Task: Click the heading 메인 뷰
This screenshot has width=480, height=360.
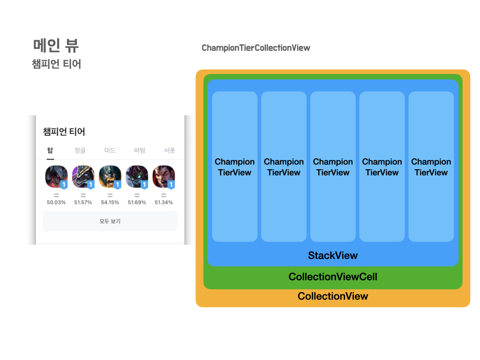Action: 56,45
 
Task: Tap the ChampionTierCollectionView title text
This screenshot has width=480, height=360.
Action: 255,48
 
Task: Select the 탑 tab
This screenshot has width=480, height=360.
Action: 50,150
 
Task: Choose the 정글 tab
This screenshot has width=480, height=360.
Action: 80,150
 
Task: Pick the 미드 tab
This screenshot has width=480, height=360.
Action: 110,150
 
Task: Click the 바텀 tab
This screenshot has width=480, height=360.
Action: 140,150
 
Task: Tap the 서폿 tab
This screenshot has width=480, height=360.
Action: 169,150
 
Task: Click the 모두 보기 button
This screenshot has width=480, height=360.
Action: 110,221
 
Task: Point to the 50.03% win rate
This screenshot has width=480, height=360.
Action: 56,202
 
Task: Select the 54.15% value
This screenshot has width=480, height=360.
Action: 110,202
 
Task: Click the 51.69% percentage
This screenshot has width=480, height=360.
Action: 137,202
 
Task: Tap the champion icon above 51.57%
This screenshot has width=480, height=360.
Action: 83,177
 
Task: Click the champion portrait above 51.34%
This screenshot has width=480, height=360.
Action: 164,177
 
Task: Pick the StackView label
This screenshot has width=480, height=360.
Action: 333,255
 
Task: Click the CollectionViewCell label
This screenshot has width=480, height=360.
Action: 333,277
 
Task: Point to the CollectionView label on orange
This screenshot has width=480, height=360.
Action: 333,296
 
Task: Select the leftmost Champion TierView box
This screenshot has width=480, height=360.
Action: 234,166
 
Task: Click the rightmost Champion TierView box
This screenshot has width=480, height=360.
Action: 431,166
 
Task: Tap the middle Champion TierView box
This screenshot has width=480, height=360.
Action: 333,166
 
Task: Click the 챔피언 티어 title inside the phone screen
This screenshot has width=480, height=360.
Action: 64,132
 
